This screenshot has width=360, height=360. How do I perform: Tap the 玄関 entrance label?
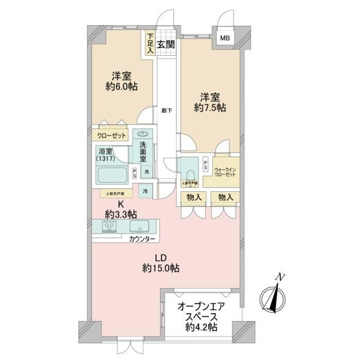click(166, 45)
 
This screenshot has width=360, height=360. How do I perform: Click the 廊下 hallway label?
click(167, 110)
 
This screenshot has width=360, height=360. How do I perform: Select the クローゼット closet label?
click(112, 136)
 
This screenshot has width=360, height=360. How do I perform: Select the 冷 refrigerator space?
click(145, 192)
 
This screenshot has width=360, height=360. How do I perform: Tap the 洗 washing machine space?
click(146, 171)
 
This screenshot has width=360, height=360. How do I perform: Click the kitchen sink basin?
click(139, 227)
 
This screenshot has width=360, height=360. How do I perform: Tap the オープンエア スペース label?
click(201, 309)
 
